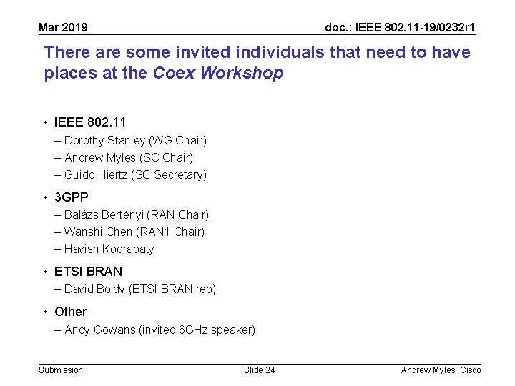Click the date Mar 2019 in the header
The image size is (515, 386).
[x=63, y=28]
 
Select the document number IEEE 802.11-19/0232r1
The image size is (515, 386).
[x=400, y=28]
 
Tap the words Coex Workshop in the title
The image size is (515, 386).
[x=218, y=73]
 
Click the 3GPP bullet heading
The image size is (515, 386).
[x=72, y=197]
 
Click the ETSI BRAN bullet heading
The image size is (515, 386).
[x=88, y=271]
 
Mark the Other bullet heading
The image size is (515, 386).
[x=70, y=311]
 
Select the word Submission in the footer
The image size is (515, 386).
[x=61, y=370]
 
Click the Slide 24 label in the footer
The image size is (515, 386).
[x=259, y=370]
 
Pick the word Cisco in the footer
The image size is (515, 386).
[x=470, y=370]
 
